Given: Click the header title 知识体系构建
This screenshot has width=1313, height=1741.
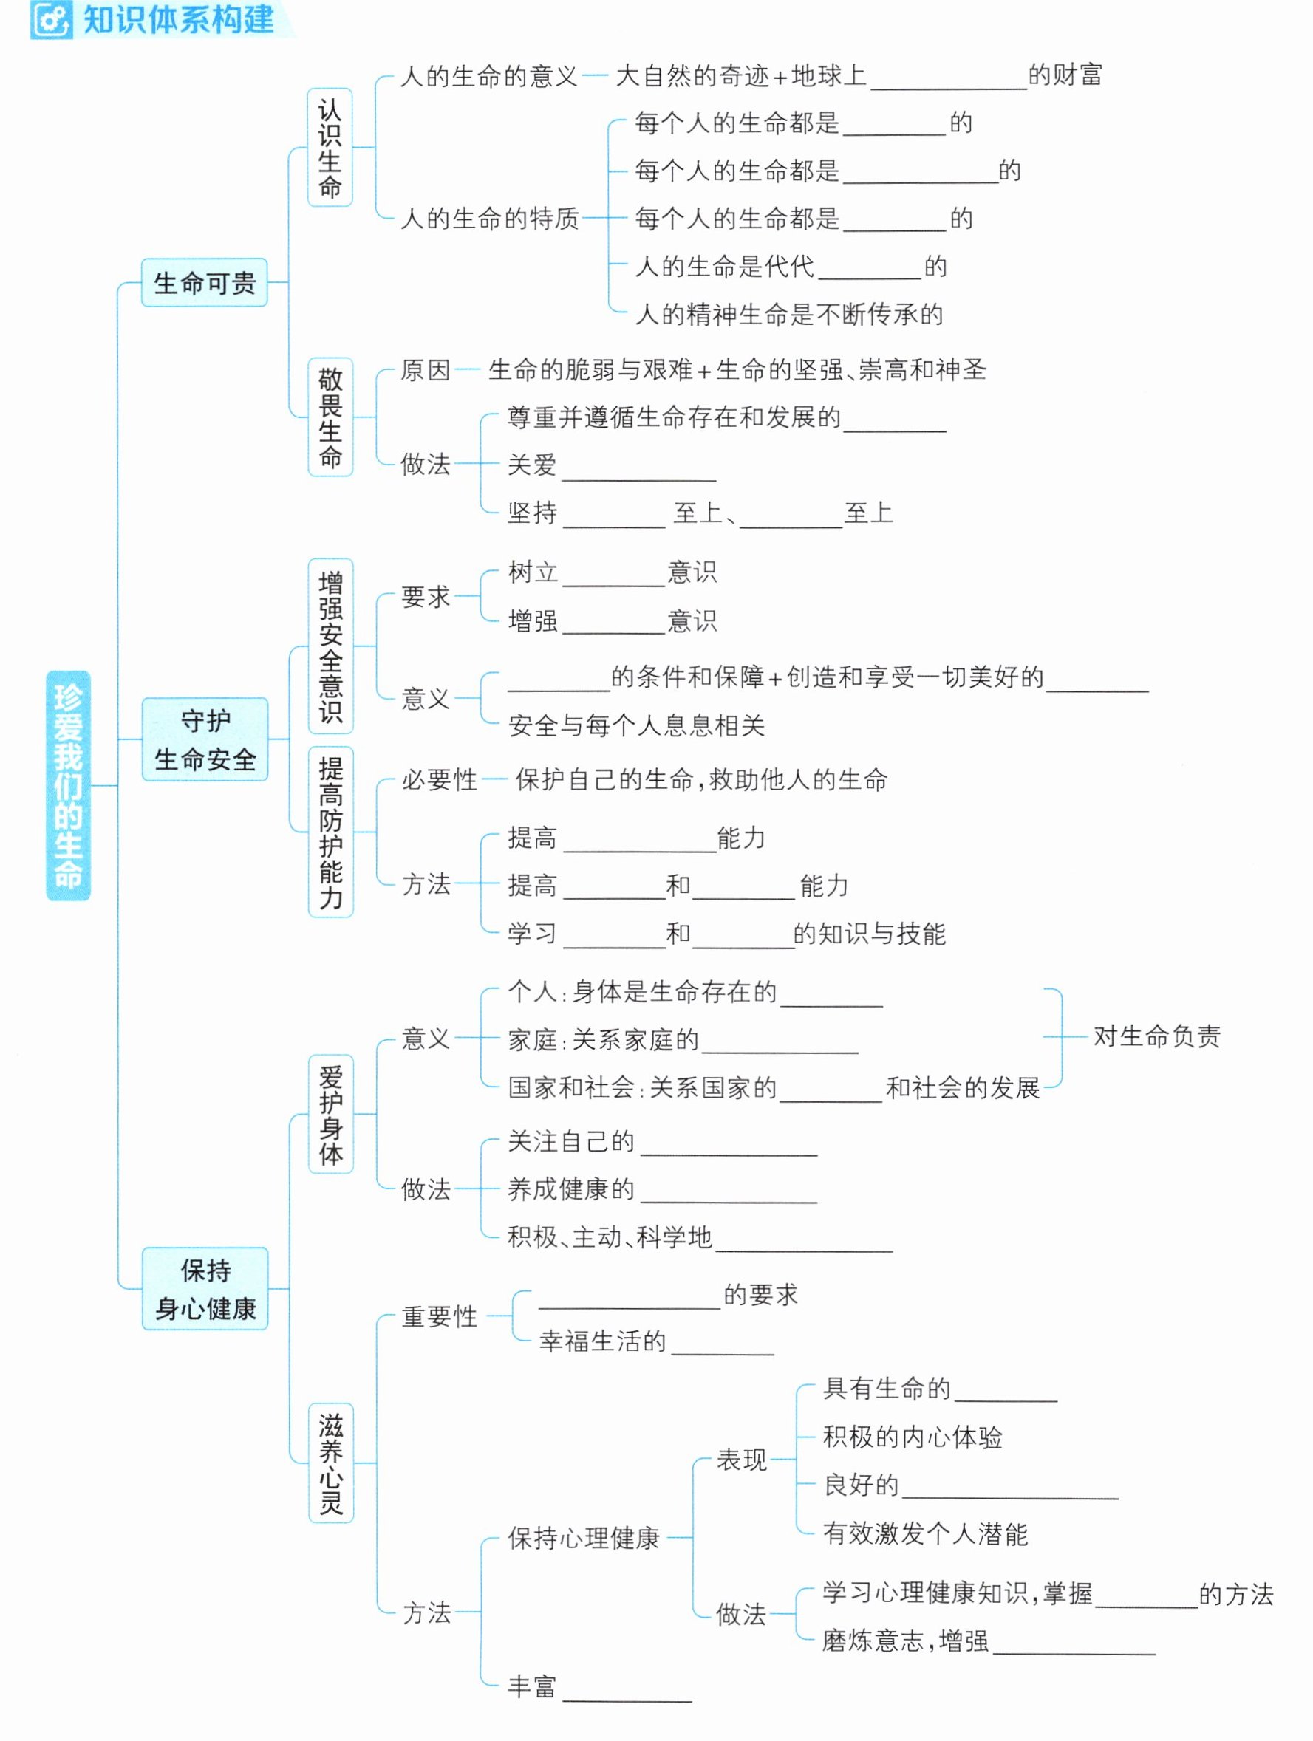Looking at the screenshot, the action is pos(179,20).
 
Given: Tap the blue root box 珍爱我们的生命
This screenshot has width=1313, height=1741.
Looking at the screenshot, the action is pos(69,784).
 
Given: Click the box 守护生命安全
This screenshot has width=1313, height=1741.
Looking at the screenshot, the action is pos(205,739).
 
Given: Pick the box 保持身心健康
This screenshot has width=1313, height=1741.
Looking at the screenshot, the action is pos(205,1288).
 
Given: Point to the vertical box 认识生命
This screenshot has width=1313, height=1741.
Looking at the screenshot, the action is pos(330,147).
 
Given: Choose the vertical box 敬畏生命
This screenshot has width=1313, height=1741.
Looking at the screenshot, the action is pos(330,417).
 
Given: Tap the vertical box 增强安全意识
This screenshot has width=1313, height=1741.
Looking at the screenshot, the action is pos(330,646).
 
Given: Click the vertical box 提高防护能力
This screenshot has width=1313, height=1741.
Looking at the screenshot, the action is pos(330,832).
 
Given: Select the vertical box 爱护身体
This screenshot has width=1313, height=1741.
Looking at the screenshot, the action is pos(330,1114).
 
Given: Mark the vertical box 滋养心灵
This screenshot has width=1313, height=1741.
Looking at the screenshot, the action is pos(330,1463).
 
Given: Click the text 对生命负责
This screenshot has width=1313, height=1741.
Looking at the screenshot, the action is pos(1156,1036).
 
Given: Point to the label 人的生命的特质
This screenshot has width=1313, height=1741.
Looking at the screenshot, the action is pos(490,218).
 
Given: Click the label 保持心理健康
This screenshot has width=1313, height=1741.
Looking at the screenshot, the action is pos(583,1537).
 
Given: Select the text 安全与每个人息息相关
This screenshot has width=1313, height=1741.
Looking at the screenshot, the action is pos(636,725).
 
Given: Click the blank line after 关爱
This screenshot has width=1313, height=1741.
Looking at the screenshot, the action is pos(638,479).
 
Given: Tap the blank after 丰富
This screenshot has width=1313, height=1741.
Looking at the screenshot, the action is pos(627,1701).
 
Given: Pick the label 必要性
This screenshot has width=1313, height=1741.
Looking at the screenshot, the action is pos(439,780).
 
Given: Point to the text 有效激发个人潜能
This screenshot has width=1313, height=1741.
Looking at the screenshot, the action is pos(925,1533).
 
